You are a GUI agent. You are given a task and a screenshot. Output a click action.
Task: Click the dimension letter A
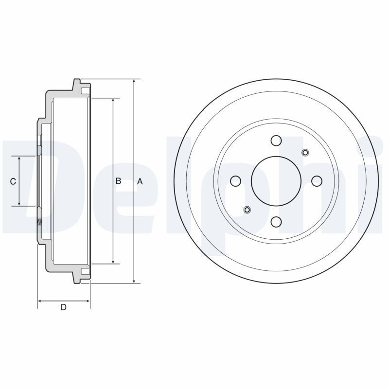click(x=140, y=181)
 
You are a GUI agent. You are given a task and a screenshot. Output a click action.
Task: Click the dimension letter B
click(x=118, y=181)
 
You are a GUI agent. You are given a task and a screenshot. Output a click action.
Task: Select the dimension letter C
click(x=13, y=181)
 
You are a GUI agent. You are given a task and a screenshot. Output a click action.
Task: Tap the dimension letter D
click(x=64, y=307)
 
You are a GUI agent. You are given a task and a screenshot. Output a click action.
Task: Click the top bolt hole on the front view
click(x=276, y=141)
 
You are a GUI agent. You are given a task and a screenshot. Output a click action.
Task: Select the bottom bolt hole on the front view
click(x=276, y=222)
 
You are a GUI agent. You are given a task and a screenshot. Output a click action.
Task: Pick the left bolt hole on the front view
click(x=235, y=181)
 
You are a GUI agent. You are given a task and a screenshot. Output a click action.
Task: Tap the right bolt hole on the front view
click(x=317, y=181)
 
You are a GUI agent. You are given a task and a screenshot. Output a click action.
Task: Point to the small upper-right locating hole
click(x=305, y=152)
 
